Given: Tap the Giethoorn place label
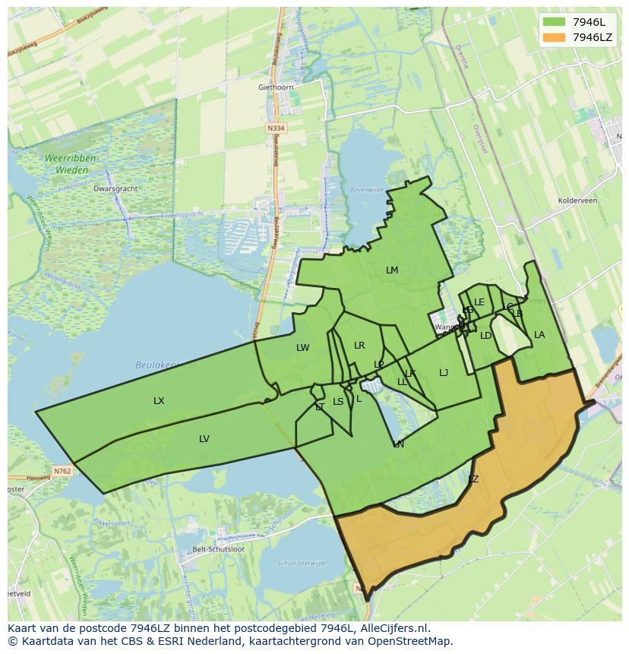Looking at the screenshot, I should pyautogui.click(x=275, y=87).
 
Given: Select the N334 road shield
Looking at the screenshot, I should pyautogui.click(x=276, y=128).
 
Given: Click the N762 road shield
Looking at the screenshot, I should pyautogui.click(x=62, y=471).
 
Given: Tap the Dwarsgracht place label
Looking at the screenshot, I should pyautogui.click(x=113, y=188).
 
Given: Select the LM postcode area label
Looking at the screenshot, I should pyautogui.click(x=392, y=270).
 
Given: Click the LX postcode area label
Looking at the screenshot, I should pyautogui.click(x=159, y=401).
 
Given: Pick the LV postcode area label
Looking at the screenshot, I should pyautogui.click(x=204, y=439).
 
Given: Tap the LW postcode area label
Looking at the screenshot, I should pyautogui.click(x=303, y=348).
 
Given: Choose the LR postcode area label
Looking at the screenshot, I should pyautogui.click(x=359, y=346).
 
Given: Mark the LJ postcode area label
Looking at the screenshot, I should pyautogui.click(x=444, y=372).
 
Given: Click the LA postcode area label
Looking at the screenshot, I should pyautogui.click(x=539, y=335).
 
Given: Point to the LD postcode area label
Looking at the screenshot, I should pyautogui.click(x=486, y=336).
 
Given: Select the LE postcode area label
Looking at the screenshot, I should pyautogui.click(x=479, y=302).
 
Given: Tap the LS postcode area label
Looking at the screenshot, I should pyautogui.click(x=338, y=402).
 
